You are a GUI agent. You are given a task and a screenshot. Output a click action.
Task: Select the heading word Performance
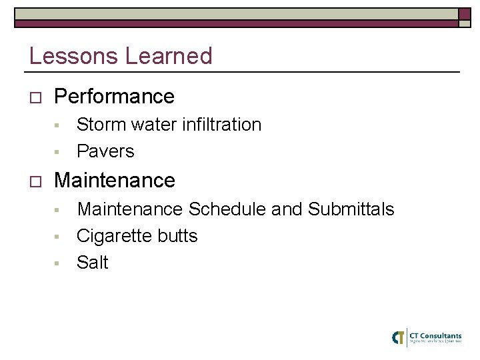point(114,97)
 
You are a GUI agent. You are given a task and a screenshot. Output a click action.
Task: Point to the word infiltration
point(221,125)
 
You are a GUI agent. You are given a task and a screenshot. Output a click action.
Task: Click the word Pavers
point(105,151)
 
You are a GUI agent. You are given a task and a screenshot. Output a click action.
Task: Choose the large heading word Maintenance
point(115,180)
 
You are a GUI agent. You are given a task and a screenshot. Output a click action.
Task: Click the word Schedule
point(227,209)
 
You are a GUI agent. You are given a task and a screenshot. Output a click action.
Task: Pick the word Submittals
point(351,209)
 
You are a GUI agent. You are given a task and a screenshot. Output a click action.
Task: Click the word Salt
point(92,263)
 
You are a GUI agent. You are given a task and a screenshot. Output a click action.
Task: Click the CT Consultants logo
point(427,337)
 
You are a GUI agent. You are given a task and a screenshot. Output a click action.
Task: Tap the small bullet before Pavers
point(58,152)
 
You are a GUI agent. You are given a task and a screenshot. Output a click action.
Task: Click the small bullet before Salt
point(58,263)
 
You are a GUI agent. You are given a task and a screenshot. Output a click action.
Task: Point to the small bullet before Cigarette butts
point(58,237)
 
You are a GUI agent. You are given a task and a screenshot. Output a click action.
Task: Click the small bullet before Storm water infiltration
point(58,125)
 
